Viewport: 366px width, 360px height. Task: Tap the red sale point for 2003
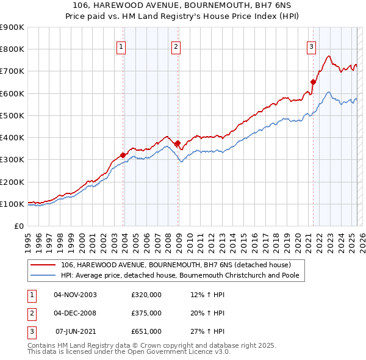[x=123, y=155]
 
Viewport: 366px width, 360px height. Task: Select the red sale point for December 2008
[x=178, y=143]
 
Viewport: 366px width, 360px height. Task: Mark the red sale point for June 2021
[x=313, y=82]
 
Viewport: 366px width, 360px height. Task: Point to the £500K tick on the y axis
[x=12, y=115]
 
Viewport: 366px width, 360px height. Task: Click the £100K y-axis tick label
[x=12, y=204]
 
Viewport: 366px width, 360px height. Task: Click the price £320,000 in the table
[x=146, y=295]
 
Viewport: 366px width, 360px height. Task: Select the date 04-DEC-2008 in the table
[x=75, y=313]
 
